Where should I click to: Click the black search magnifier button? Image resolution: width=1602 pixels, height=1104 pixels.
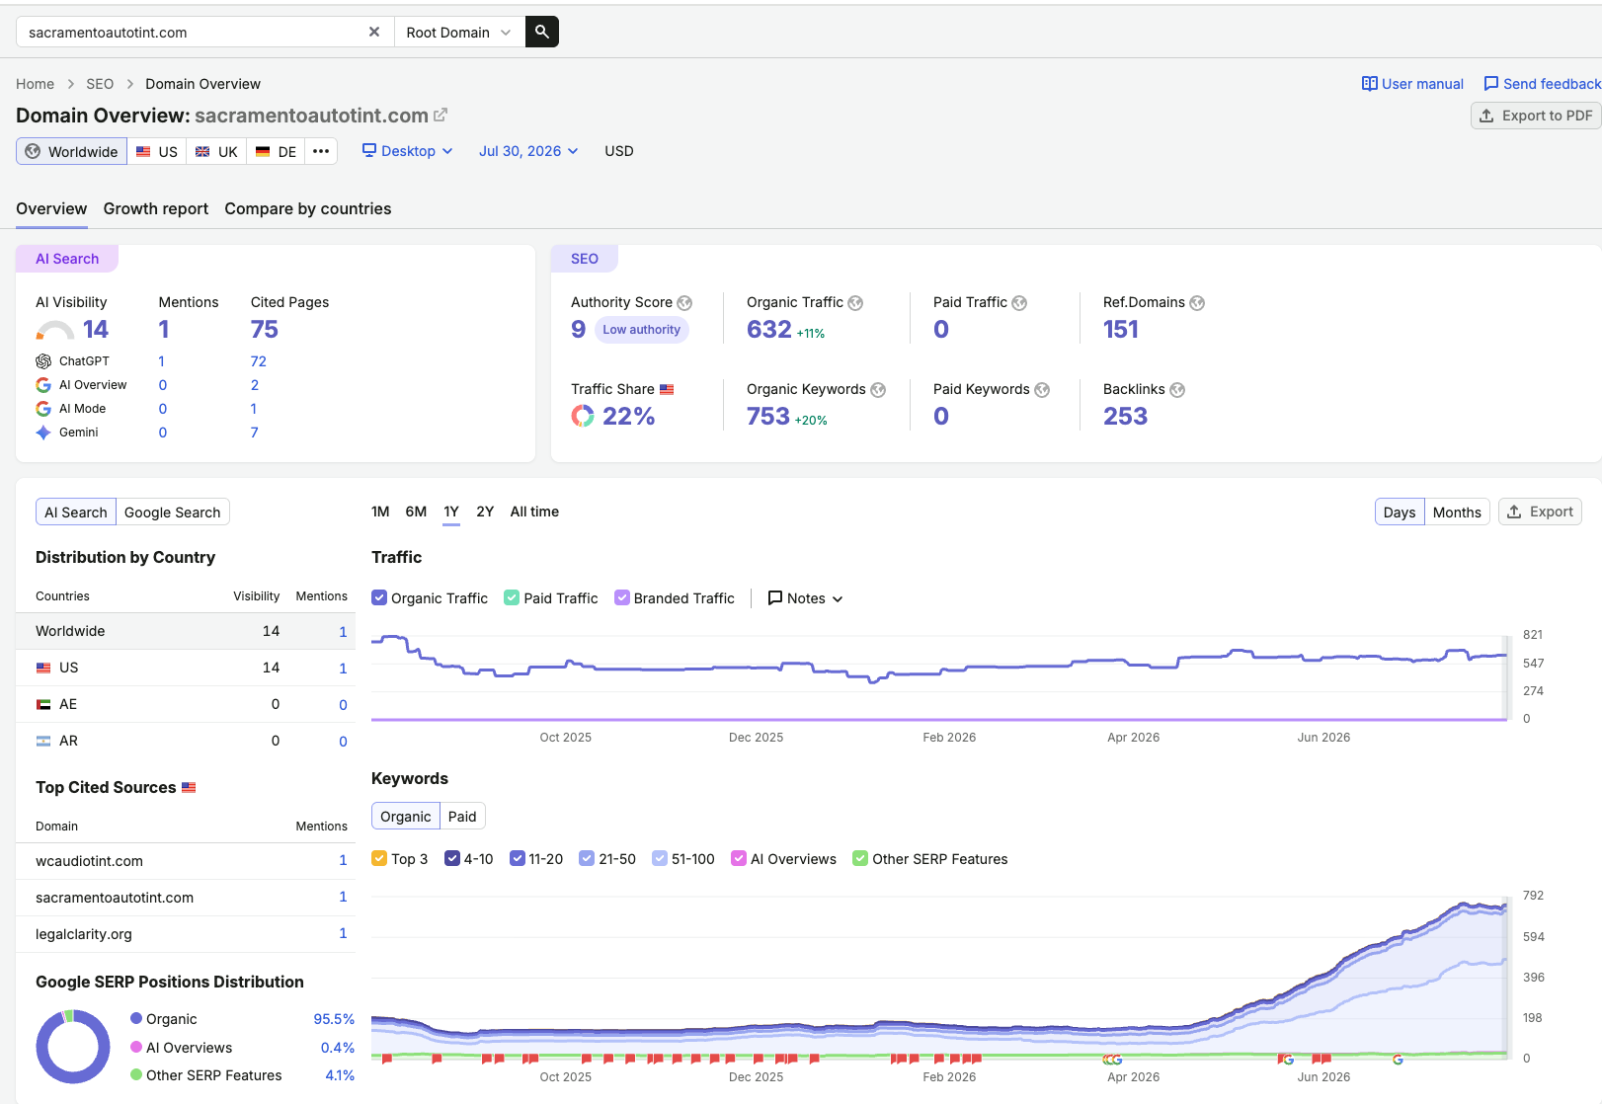tap(541, 33)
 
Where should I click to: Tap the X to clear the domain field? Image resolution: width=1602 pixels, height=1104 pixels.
tap(374, 33)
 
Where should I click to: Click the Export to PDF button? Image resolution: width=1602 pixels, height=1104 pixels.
tap(1536, 116)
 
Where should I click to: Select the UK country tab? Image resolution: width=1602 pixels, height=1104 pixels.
tap(216, 152)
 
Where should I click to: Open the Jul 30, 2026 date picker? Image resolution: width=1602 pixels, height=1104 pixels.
tap(528, 151)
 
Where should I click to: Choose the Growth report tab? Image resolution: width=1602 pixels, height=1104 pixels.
tap(156, 208)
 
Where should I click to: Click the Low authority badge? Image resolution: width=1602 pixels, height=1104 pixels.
tap(642, 330)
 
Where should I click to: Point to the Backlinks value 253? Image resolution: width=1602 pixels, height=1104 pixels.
tap(1125, 416)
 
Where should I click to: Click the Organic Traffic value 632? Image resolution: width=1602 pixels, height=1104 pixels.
tap(768, 329)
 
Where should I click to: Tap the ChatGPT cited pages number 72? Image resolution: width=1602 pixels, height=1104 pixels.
tap(258, 361)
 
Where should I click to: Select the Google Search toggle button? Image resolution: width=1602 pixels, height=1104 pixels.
tap(173, 512)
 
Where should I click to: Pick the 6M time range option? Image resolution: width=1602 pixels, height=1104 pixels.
tap(416, 512)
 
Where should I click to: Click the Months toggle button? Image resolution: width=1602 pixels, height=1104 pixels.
tap(1457, 512)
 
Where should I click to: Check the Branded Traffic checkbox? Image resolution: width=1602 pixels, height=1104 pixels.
tap(622, 597)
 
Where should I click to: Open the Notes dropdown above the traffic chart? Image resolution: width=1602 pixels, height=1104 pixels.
tap(805, 597)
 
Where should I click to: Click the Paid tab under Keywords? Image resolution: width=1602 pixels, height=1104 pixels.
tap(462, 817)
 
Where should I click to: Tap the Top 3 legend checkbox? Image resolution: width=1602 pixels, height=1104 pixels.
tap(380, 859)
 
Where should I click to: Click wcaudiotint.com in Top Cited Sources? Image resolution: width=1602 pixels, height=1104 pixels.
tap(90, 861)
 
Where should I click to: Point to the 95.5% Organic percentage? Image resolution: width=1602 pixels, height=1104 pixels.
tap(334, 1019)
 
